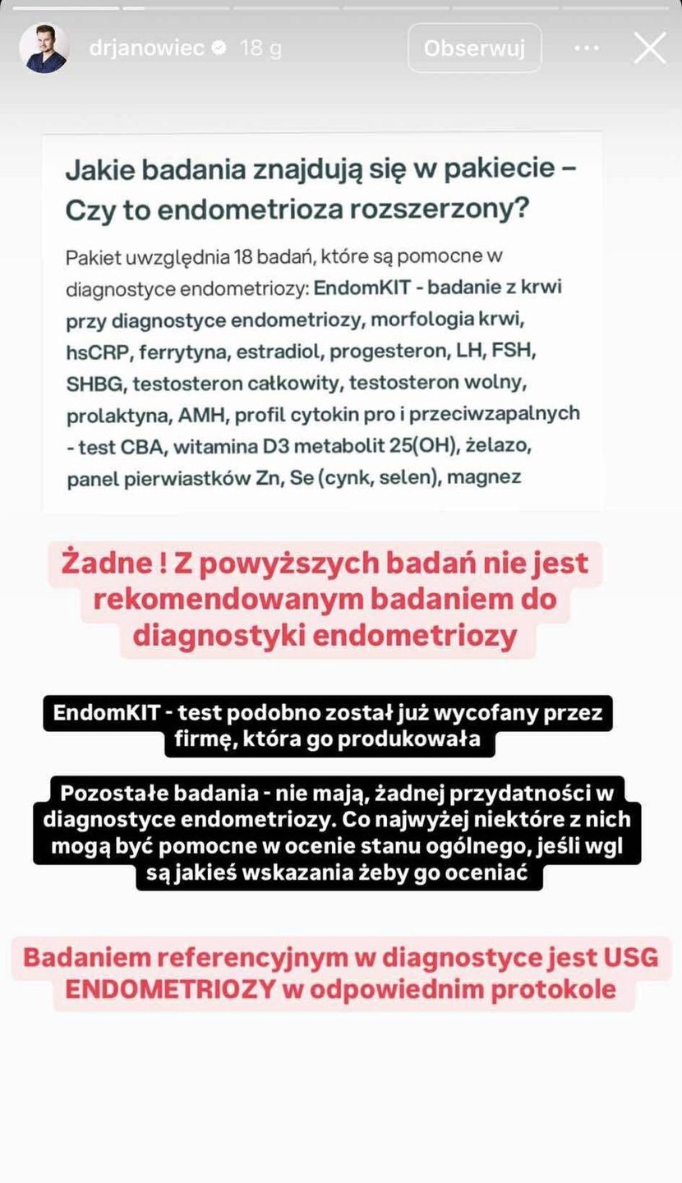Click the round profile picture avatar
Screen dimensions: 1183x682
(x=43, y=48)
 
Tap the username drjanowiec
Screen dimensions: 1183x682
(x=146, y=48)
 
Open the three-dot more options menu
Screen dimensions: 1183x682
(x=587, y=48)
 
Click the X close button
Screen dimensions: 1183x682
(x=650, y=48)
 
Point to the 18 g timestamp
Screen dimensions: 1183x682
(x=260, y=48)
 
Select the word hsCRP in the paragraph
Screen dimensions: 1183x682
(x=99, y=352)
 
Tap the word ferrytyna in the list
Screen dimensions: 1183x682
(x=184, y=352)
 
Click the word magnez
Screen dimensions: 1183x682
(x=483, y=476)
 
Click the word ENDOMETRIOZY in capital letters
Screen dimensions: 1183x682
(x=170, y=989)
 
